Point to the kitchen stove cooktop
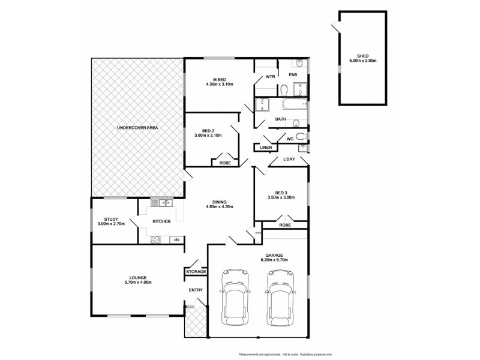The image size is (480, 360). click(x=155, y=239)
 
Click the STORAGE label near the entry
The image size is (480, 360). click(x=196, y=272)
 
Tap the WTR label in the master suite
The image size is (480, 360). click(x=270, y=77)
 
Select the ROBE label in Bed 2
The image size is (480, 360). click(x=225, y=163)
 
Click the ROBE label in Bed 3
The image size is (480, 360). click(x=285, y=224)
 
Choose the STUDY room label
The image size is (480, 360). click(x=111, y=219)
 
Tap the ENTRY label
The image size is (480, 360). click(x=196, y=290)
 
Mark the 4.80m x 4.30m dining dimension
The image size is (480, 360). click(x=218, y=206)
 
